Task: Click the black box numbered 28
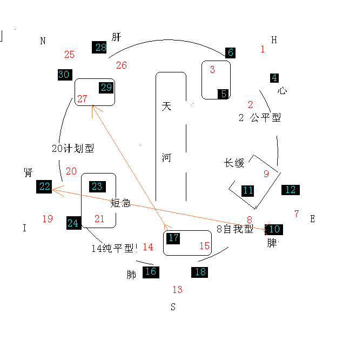coord(100,47)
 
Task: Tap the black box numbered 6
coord(231,52)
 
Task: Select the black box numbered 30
coord(64,75)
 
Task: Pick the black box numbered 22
coord(44,186)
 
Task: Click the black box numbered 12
coord(291,190)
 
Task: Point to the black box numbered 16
coord(151,271)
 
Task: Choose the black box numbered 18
coord(200,271)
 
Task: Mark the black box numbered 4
coord(274,77)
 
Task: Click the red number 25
coord(69,55)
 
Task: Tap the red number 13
coord(177,290)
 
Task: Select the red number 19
coord(48,219)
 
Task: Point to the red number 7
coord(296,214)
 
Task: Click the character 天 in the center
coord(166,106)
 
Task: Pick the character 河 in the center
coord(166,158)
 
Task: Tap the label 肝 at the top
coord(116,37)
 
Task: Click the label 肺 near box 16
coord(131,275)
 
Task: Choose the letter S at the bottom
coord(173,308)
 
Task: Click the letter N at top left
coord(43,41)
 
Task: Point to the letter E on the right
coord(312,219)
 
